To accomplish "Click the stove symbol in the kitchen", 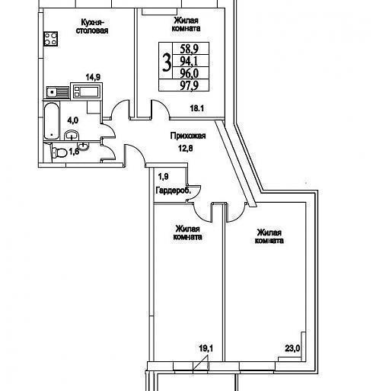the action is point(50,39).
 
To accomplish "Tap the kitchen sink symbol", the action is point(58,92).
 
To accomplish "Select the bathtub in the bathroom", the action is point(52,120).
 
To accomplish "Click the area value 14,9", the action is point(93,77).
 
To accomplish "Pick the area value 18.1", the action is point(197,108).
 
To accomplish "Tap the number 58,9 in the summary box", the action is point(190,48).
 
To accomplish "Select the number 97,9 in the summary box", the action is point(190,85).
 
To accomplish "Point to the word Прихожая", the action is point(188,136).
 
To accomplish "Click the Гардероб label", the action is point(174,191).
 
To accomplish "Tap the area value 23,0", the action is point(292,348).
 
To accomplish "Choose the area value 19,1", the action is point(206,348).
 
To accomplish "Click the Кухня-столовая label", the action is point(92,27).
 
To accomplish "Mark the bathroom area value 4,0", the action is point(72,120).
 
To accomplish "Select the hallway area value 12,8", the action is point(185,148).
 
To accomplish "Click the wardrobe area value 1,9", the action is point(163,177).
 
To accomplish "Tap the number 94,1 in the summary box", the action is point(190,61).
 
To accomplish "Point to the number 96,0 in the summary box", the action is point(190,73).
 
